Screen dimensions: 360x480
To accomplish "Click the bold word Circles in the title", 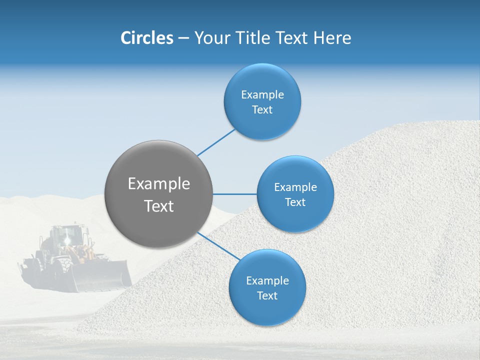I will [x=146, y=38].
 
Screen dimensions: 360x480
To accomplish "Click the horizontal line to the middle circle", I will [x=235, y=194].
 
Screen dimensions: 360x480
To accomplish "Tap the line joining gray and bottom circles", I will [x=219, y=246].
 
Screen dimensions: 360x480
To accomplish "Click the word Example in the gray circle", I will [x=159, y=184].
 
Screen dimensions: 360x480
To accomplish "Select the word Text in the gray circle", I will [x=159, y=206].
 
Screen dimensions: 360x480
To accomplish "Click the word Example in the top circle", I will [x=262, y=95].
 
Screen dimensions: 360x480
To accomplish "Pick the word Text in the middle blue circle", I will [x=295, y=202].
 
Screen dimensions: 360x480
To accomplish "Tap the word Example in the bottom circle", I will [x=267, y=281].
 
